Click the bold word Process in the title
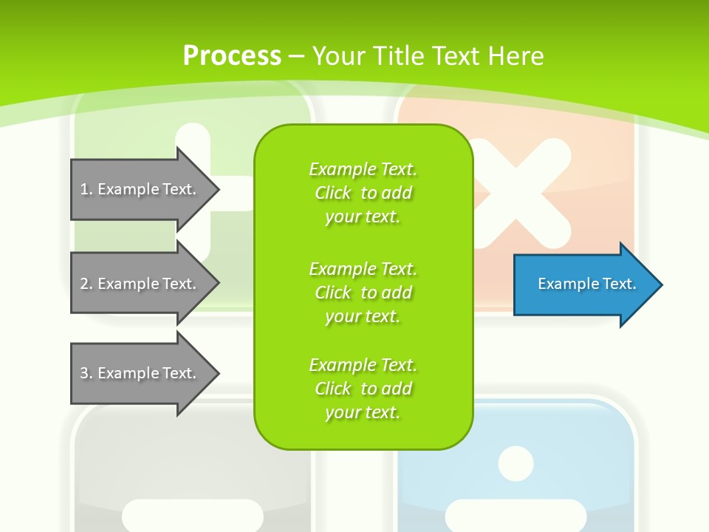click(x=232, y=56)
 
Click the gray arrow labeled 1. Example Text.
click(x=140, y=189)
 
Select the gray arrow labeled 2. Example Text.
click(x=140, y=284)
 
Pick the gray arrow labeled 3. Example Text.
click(x=140, y=373)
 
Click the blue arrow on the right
click(x=583, y=284)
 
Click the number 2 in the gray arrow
click(x=84, y=284)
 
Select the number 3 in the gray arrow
click(x=84, y=373)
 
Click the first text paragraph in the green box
click(x=363, y=193)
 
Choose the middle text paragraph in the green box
click(x=363, y=293)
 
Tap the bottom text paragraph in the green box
click(x=363, y=389)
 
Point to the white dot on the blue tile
click(x=516, y=464)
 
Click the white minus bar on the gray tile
click(x=192, y=514)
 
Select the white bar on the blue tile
click(x=516, y=514)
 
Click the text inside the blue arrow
click(x=586, y=284)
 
